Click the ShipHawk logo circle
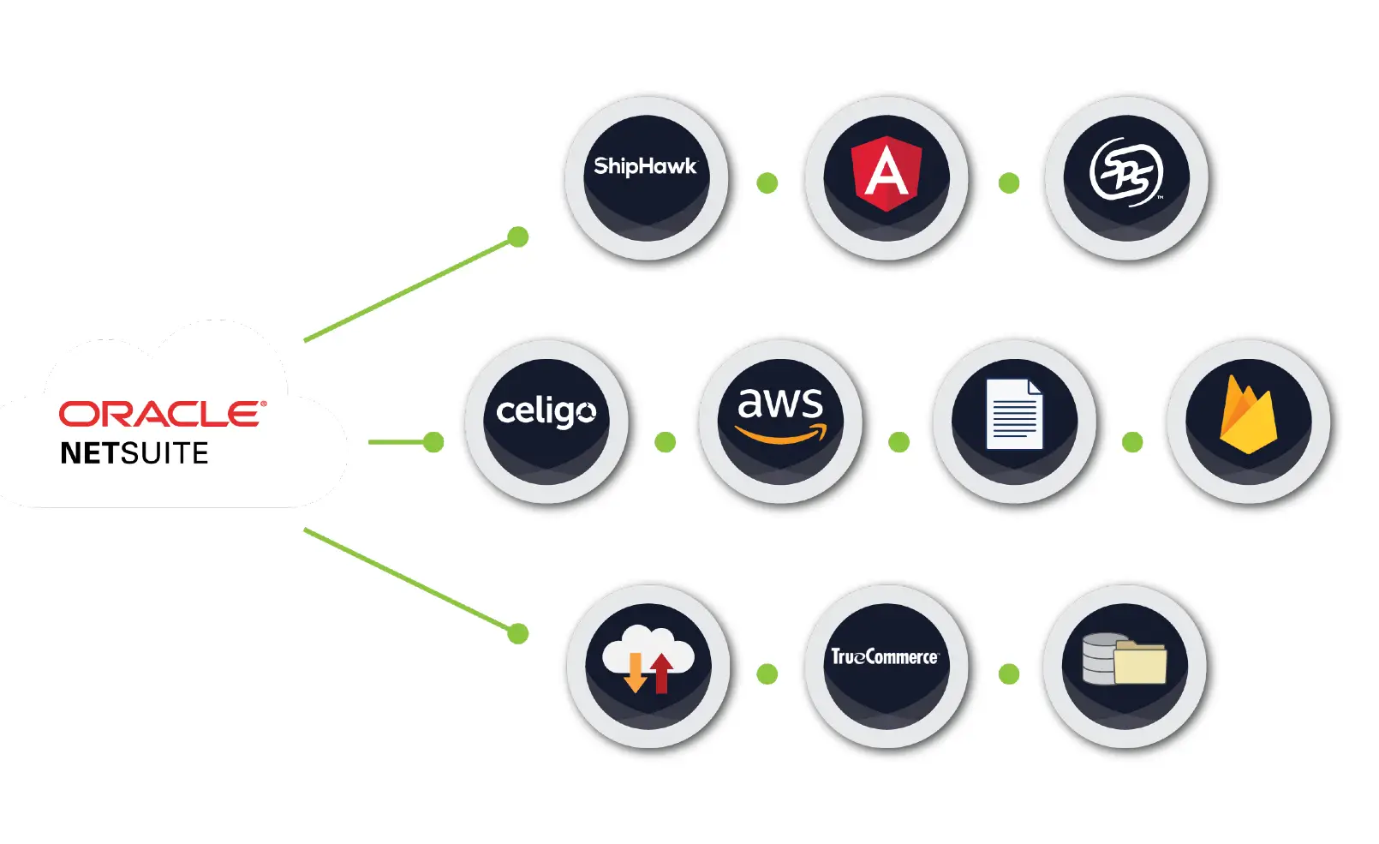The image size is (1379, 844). point(646,177)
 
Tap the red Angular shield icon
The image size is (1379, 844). point(886,173)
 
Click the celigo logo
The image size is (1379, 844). point(546,413)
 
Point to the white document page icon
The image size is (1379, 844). point(1014,414)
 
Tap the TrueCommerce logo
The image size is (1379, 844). point(885,657)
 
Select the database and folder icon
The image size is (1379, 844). point(1125,659)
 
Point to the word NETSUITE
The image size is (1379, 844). point(134,453)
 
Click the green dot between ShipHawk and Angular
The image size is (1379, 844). point(767,183)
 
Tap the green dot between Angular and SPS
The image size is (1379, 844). point(1009,183)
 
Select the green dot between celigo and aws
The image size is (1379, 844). point(665,442)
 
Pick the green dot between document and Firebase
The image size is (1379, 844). point(1132,442)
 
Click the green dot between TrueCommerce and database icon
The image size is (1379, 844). point(1009,674)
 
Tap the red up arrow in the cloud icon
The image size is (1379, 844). point(661,673)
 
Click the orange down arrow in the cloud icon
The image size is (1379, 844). point(635,673)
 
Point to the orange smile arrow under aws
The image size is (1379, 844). point(781,435)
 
